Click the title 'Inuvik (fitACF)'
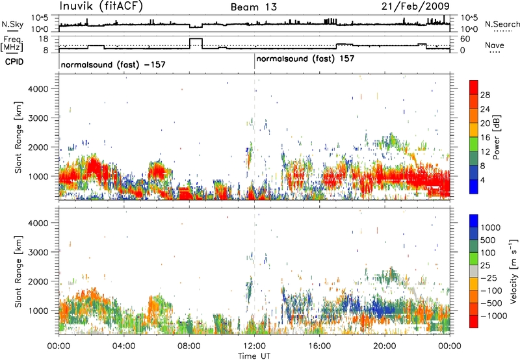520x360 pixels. click(101, 6)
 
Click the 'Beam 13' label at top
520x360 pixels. click(253, 7)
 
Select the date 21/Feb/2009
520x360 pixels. click(415, 6)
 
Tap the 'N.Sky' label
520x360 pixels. click(12, 24)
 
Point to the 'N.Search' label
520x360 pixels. click(502, 24)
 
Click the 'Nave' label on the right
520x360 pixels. click(495, 45)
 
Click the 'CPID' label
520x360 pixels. click(14, 62)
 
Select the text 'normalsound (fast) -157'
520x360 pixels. click(113, 64)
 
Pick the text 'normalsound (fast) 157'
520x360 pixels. click(305, 59)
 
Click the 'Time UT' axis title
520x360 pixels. click(254, 356)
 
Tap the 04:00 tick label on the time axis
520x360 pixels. click(124, 346)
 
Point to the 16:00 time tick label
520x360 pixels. click(319, 346)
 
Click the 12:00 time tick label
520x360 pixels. click(254, 346)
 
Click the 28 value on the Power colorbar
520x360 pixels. click(485, 95)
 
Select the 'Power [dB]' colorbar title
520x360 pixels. click(497, 137)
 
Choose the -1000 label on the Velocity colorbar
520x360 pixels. click(494, 316)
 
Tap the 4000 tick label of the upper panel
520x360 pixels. click(38, 89)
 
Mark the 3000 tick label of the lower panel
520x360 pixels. click(38, 252)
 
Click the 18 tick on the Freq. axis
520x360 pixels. click(44, 39)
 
